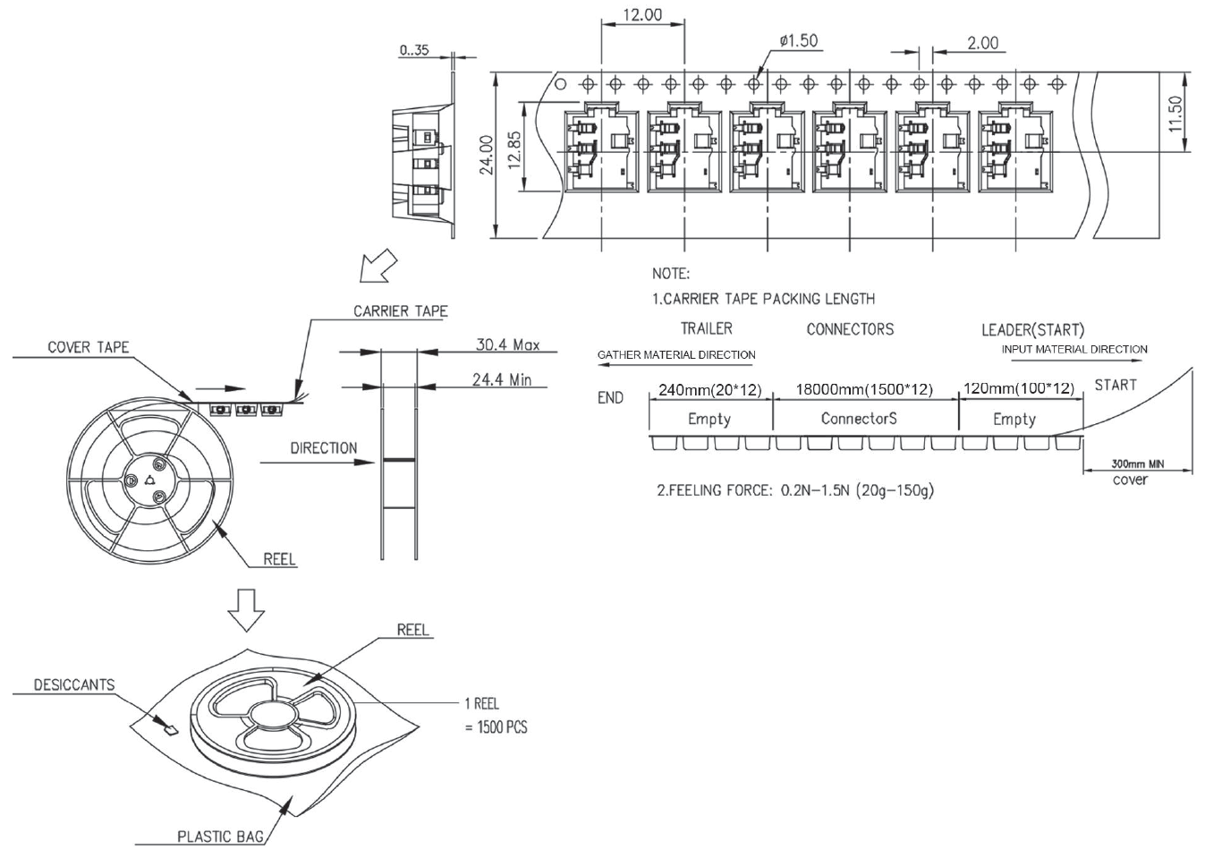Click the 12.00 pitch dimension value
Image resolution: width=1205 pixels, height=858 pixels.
pyautogui.click(x=642, y=15)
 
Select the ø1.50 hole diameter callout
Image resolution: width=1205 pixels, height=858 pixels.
pyautogui.click(x=798, y=41)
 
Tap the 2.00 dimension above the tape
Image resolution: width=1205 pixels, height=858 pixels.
pyautogui.click(x=982, y=43)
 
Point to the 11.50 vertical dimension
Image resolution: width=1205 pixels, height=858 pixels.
pyautogui.click(x=1175, y=114)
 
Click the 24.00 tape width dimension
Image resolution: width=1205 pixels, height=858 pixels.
pyautogui.click(x=487, y=156)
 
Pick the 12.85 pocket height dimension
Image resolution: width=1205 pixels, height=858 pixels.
pyautogui.click(x=513, y=149)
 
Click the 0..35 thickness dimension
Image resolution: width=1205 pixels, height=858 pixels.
pyautogui.click(x=413, y=50)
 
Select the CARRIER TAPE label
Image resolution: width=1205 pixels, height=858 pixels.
pyautogui.click(x=400, y=311)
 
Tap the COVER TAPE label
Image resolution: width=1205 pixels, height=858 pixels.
pyautogui.click(x=88, y=347)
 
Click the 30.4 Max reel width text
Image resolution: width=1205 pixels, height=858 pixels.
pyautogui.click(x=507, y=344)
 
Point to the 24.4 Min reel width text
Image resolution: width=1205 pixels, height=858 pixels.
pyautogui.click(x=501, y=379)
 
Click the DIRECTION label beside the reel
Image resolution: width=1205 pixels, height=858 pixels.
pyautogui.click(x=323, y=447)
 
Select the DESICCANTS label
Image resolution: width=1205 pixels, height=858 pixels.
pyautogui.click(x=74, y=684)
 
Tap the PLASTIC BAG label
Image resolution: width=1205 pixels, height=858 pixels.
pyautogui.click(x=220, y=837)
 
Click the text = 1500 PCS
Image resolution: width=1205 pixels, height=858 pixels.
pyautogui.click(x=496, y=726)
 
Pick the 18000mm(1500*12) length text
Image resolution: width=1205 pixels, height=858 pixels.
pyautogui.click(x=864, y=390)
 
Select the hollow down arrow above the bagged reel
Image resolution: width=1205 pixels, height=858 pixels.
pyautogui.click(x=246, y=610)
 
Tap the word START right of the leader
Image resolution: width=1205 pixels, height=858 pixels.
pyautogui.click(x=1115, y=385)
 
